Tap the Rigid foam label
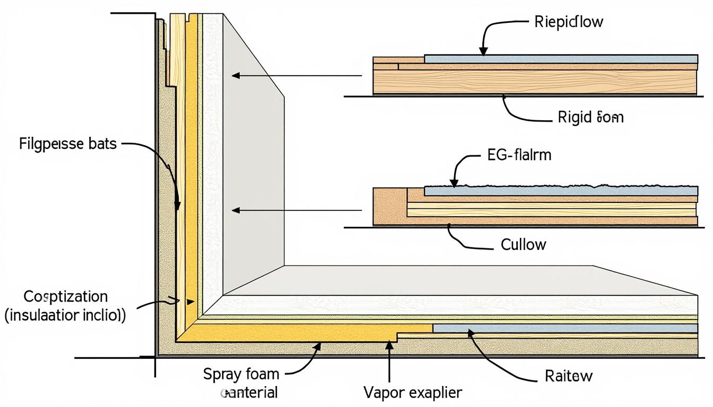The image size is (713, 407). click(590, 117)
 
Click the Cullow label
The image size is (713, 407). click(523, 244)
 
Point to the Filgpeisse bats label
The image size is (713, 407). click(67, 144)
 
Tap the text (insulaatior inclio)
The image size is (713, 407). click(65, 316)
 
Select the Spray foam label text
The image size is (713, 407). click(241, 374)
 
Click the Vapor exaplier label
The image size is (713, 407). click(413, 393)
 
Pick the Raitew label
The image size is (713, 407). click(569, 376)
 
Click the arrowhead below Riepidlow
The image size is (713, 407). click(483, 51)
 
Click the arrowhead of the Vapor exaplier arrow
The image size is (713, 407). click(389, 345)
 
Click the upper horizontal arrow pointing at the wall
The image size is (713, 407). click(297, 76)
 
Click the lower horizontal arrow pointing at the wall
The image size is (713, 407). click(297, 210)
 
